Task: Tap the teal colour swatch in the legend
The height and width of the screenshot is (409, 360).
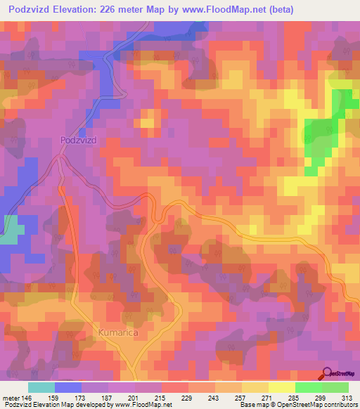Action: (x=41, y=387)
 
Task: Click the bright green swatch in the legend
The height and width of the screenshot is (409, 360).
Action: (x=308, y=387)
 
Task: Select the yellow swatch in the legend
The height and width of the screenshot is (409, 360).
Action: (x=281, y=387)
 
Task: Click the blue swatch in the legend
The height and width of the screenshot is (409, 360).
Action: (x=68, y=387)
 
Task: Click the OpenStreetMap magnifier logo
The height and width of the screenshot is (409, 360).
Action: (x=327, y=374)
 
